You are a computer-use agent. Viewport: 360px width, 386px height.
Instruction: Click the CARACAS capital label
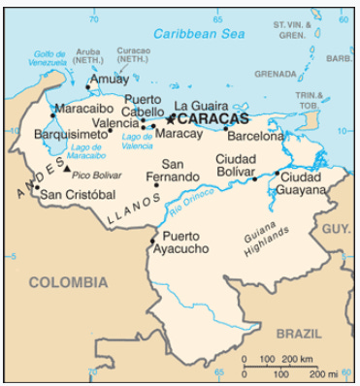click(x=212, y=118)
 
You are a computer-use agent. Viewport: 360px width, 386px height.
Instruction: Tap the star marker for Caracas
click(x=171, y=118)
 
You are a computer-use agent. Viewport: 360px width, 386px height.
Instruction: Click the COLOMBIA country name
click(x=67, y=282)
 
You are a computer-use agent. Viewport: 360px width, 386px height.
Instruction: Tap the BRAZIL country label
click(x=298, y=333)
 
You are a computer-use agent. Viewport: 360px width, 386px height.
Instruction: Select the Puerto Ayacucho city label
click(x=185, y=242)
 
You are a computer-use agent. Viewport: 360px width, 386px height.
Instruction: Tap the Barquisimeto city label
click(x=69, y=134)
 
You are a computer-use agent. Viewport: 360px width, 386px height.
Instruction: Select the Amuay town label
click(x=108, y=80)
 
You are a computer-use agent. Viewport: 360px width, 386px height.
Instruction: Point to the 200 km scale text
click(x=299, y=361)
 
